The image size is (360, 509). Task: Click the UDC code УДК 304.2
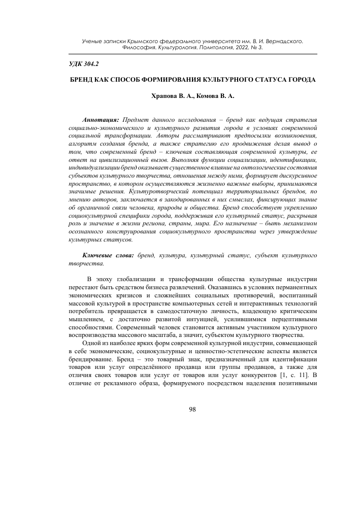pyautogui.click(x=84, y=65)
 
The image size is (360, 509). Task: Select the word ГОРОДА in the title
pyautogui.click(x=302, y=80)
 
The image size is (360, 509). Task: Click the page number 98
pyautogui.click(x=192, y=410)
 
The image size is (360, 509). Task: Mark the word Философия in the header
pyautogui.click(x=140, y=48)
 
